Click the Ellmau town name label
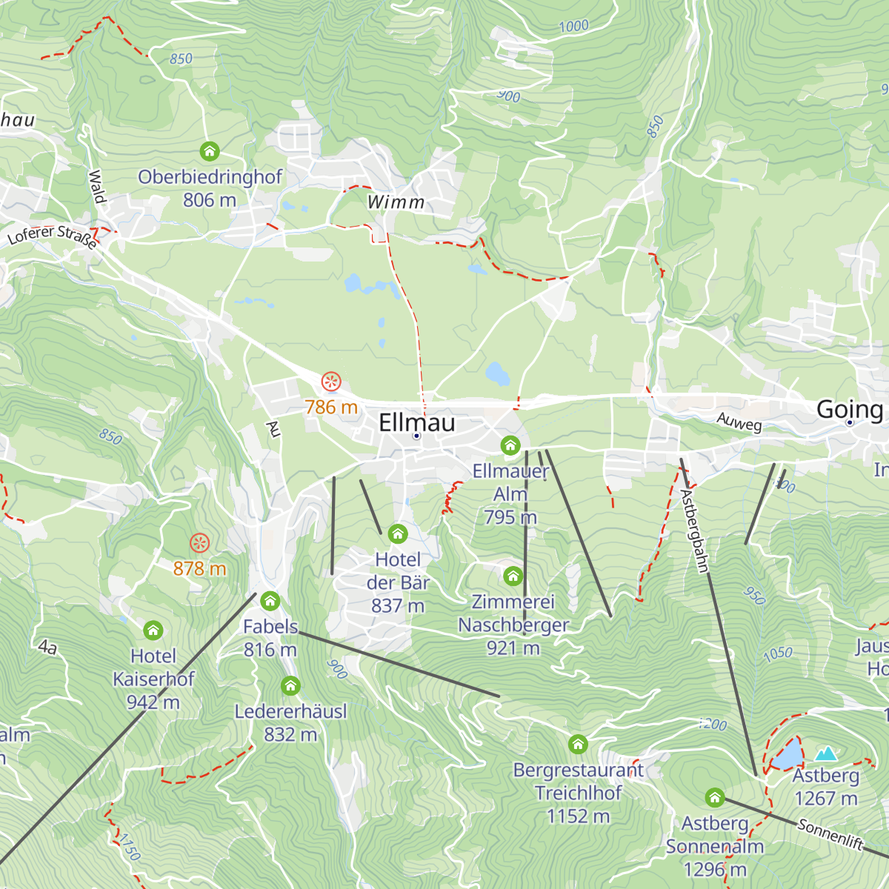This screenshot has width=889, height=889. click(416, 423)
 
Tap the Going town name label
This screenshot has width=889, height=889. click(849, 409)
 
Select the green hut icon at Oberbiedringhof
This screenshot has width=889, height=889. click(210, 152)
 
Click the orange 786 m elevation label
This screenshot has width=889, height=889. click(331, 407)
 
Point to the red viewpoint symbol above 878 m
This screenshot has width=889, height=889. click(199, 543)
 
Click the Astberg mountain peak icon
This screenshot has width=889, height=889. click(825, 754)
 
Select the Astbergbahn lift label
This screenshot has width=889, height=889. click(695, 530)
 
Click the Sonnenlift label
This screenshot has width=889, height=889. click(830, 834)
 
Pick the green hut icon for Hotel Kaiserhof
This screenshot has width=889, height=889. click(153, 630)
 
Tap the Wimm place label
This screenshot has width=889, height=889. click(396, 202)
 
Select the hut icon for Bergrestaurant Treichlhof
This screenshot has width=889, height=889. click(578, 744)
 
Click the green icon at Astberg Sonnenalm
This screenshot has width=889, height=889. click(714, 797)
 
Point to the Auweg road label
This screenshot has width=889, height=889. click(739, 422)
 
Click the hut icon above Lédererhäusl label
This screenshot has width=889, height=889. click(290, 686)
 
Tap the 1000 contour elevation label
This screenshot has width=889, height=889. click(573, 27)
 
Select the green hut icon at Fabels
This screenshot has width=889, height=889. click(270, 600)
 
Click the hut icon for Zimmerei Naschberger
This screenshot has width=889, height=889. click(513, 576)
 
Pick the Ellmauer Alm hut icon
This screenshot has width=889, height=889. click(510, 445)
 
